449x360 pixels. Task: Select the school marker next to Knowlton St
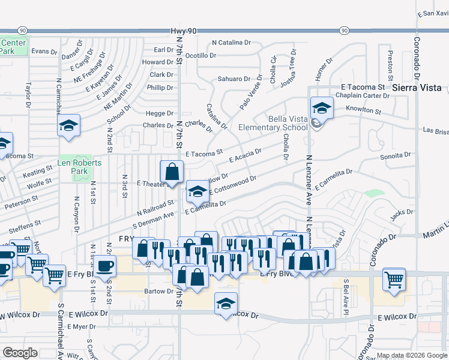tap(322, 109)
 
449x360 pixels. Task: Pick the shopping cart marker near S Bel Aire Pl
tap(394, 278)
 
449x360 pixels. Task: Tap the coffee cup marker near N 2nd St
tap(105, 266)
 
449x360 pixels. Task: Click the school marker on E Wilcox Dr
tap(226, 303)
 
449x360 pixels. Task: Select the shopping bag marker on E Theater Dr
tap(172, 171)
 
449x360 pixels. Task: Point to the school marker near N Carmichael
tap(69, 126)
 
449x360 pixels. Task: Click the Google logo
tap(19, 353)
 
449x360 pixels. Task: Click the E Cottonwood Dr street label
tap(234, 186)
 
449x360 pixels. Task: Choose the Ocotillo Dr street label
tap(200, 55)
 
